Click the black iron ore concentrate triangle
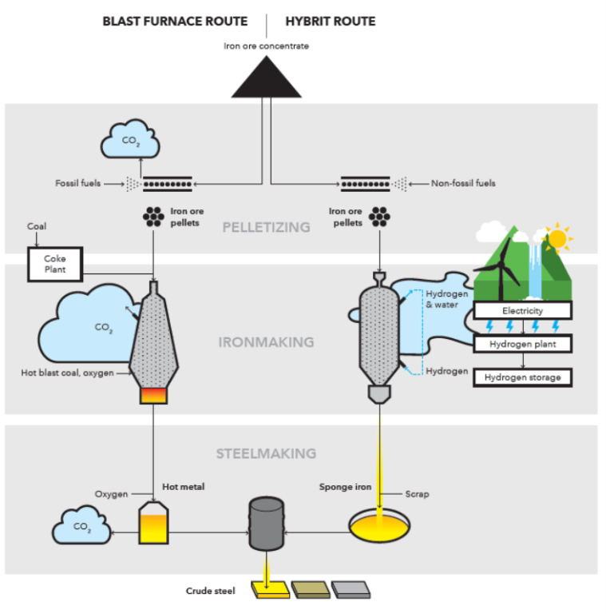266,80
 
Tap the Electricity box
523,310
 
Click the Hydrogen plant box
523,345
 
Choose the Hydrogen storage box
523,377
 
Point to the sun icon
556,237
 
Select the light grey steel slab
351,590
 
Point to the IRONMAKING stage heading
266,342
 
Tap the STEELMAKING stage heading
266,453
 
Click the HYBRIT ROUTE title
331,22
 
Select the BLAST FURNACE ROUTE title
175,22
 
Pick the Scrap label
417,494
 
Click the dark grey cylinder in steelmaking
266,524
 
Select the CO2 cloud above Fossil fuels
128,142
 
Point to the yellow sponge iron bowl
379,524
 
